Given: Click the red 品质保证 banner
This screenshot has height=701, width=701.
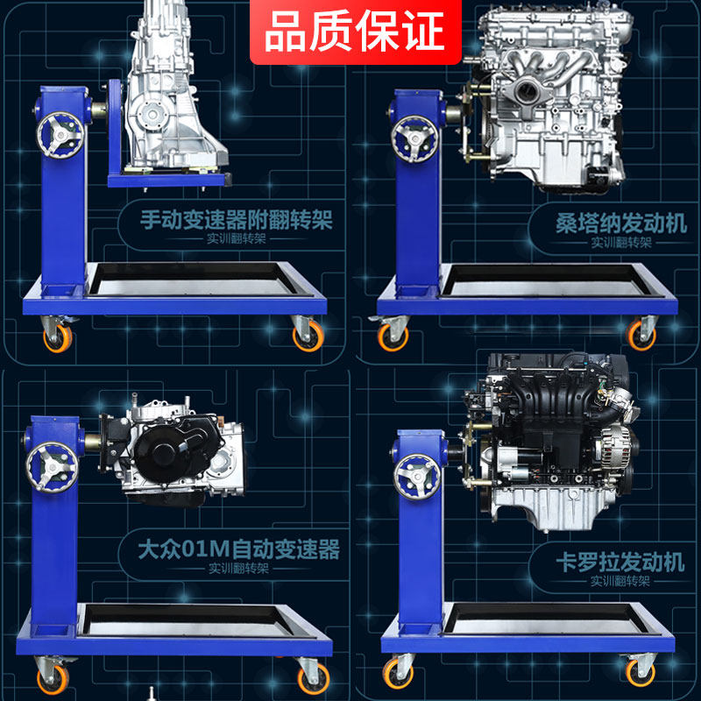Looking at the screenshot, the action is [356, 32].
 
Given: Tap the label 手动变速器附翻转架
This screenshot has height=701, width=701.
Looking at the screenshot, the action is [237, 220].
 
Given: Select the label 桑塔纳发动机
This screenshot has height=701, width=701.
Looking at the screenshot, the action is [621, 223].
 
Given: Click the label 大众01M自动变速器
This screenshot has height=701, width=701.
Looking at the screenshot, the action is [238, 549].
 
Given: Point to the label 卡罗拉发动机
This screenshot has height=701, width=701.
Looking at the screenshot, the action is [620, 562].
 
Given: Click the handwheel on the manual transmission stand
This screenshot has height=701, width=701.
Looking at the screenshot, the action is [60, 135].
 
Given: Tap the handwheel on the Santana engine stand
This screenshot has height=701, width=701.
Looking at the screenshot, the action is [414, 138].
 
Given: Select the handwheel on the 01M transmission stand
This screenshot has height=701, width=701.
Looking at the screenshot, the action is [52, 467].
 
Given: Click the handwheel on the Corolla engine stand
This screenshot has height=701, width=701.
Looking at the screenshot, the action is [417, 477].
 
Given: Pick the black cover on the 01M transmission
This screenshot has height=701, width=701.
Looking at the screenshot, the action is [178, 450].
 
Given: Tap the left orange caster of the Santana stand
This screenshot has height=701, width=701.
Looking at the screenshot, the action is [393, 337].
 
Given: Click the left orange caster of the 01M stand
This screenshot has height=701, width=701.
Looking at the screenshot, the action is [53, 680].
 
